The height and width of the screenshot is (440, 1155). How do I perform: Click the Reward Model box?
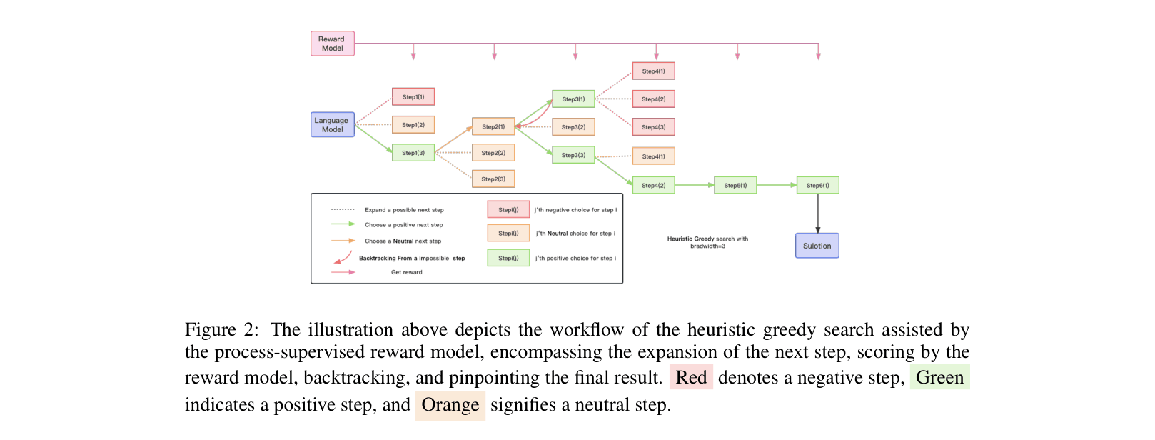(333, 44)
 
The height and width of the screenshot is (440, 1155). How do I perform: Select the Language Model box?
(333, 125)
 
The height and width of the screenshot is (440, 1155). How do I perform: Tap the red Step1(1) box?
(413, 96)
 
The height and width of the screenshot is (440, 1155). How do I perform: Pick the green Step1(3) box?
(413, 153)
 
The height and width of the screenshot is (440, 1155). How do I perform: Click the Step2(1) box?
(493, 126)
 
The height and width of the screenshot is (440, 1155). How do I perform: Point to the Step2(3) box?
(493, 179)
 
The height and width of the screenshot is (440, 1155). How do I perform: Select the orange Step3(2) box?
(573, 127)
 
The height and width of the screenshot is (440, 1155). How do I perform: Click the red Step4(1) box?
(653, 71)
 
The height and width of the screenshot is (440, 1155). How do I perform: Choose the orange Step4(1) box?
(653, 156)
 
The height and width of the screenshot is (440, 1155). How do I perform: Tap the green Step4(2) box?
(653, 185)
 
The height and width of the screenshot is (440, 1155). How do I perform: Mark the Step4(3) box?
(653, 127)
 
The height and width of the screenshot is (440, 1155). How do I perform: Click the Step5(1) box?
(735, 185)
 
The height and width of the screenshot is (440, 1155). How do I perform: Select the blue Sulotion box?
(817, 246)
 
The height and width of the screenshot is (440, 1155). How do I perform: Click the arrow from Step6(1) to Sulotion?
(818, 213)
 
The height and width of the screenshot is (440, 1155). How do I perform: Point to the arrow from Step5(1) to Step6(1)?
(777, 185)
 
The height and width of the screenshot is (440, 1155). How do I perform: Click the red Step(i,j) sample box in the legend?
(508, 209)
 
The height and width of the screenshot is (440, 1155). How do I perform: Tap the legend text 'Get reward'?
(406, 272)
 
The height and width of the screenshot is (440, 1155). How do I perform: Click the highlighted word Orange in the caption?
(450, 405)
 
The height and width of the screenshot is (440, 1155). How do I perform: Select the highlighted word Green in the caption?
(939, 377)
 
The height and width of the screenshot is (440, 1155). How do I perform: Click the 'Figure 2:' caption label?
(221, 329)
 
